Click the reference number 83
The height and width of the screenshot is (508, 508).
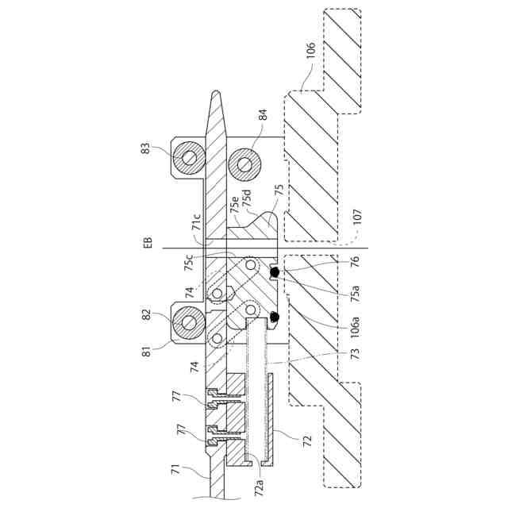[x=147, y=148]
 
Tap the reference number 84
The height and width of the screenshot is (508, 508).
[x=264, y=114]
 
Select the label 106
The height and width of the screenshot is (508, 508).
[x=310, y=49]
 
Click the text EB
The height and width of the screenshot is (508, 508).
[x=148, y=243]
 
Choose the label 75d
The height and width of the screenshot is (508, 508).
[x=247, y=198]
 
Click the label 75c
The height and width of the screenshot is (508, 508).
[x=189, y=263]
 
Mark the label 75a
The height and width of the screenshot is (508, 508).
[x=356, y=293]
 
